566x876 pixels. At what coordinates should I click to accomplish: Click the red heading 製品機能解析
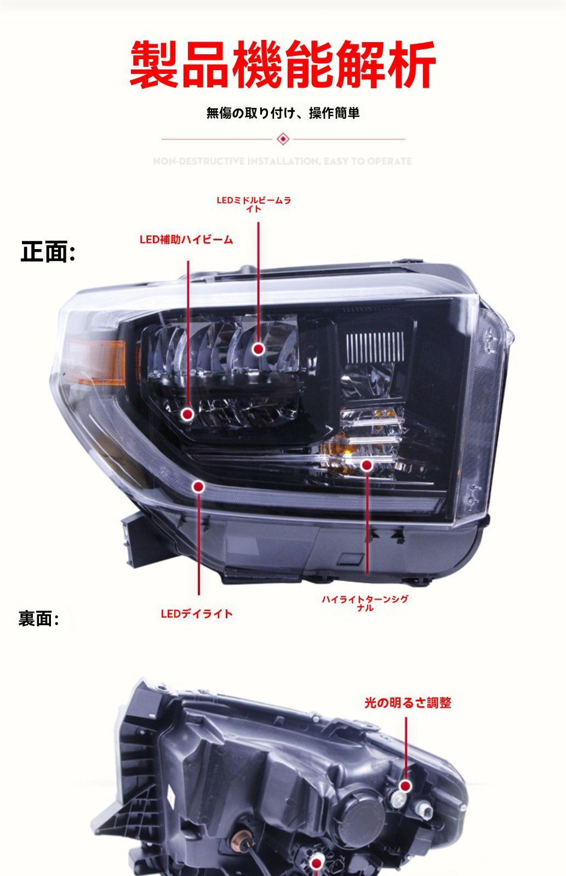point(283,65)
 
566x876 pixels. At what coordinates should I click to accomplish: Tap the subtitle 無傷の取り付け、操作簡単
point(283,113)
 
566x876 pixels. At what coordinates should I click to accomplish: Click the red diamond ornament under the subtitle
point(283,139)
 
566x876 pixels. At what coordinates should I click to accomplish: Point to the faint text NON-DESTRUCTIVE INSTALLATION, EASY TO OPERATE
point(283,162)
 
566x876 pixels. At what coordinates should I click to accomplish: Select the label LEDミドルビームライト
point(254,204)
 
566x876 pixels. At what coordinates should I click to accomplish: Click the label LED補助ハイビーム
point(186,240)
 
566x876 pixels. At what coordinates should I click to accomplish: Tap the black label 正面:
point(48,252)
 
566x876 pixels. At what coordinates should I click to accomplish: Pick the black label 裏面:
point(38,619)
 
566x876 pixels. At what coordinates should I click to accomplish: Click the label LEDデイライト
point(197,614)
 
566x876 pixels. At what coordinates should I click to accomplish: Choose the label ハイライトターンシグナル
point(365,603)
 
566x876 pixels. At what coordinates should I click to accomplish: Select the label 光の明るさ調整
point(408,703)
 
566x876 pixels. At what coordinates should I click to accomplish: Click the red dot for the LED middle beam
point(259,349)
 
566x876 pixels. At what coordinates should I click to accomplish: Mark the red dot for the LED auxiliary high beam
point(188,414)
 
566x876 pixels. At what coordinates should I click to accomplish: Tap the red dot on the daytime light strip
point(199,486)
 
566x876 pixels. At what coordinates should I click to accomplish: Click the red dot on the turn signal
point(367,465)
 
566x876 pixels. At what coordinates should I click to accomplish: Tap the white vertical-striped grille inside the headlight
point(375,347)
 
